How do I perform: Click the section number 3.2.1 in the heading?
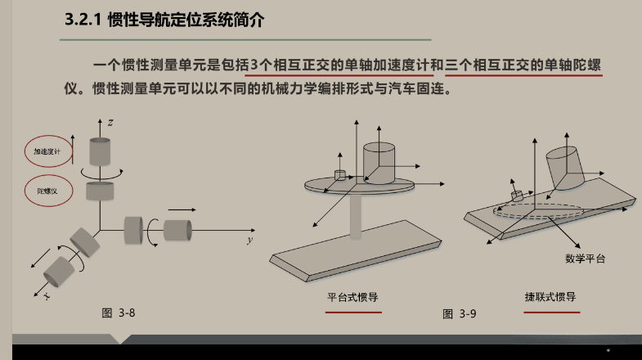tap(83, 20)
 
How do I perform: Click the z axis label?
tap(110, 123)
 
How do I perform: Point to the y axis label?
tap(250, 240)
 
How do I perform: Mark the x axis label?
tap(47, 295)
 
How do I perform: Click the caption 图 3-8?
tap(119, 313)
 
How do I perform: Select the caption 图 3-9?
tap(459, 313)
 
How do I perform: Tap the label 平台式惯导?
tap(352, 297)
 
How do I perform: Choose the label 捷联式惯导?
tap(550, 296)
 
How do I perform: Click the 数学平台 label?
tap(585, 259)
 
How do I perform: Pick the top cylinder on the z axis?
tap(100, 151)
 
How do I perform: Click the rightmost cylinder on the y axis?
tap(177, 230)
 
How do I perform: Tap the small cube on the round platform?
tap(340, 175)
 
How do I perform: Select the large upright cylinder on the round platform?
tap(379, 163)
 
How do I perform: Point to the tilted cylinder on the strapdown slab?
tap(565, 169)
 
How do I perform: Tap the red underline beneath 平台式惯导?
tap(353, 312)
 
